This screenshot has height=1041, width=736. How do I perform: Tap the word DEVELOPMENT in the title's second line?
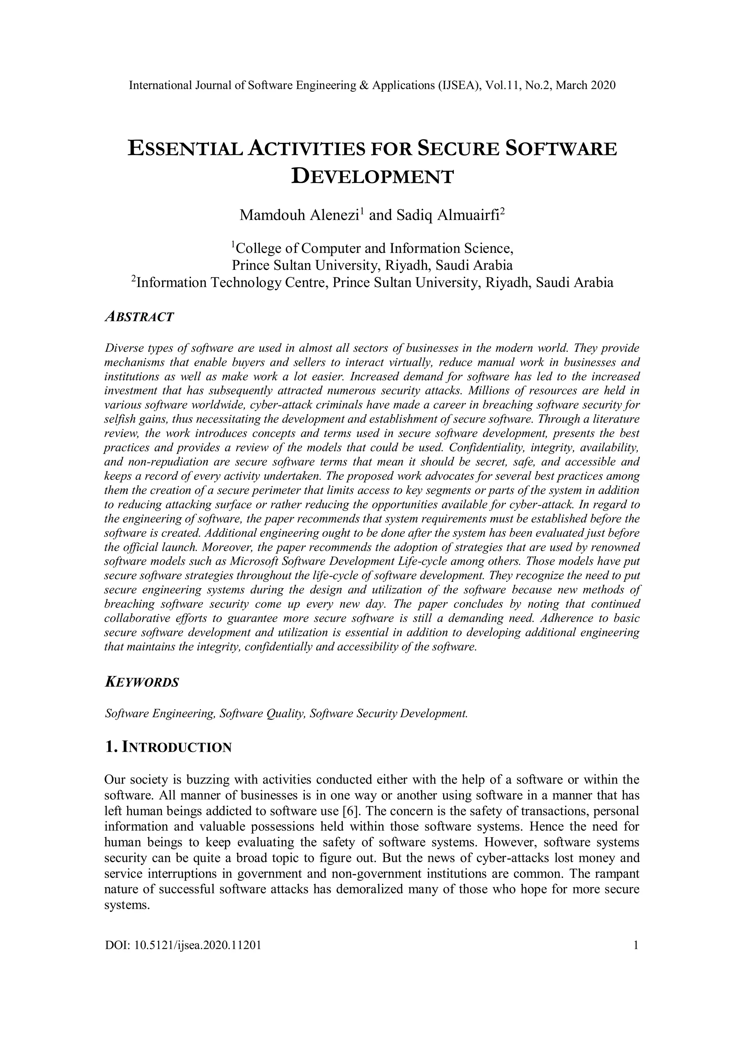[372, 176]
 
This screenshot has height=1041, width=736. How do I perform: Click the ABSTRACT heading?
[139, 317]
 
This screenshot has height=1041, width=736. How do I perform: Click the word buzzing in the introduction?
[202, 780]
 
